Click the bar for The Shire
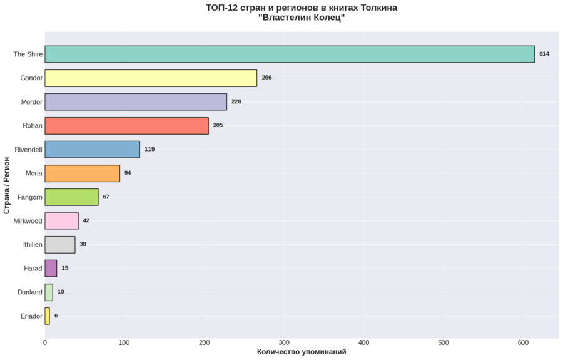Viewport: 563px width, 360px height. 289,54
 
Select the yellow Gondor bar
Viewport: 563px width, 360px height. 151,78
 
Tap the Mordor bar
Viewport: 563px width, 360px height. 136,101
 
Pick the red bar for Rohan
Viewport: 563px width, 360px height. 126,125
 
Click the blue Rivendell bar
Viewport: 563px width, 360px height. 92,149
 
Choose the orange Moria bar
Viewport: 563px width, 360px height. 82,173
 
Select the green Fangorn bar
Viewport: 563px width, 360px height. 71,197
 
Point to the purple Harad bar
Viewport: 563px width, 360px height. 51,268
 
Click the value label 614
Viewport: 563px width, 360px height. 544,54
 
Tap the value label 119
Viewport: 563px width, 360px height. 150,149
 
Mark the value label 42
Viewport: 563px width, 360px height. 86,220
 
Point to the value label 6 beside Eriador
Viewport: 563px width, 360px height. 56,316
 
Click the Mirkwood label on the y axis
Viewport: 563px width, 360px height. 28,220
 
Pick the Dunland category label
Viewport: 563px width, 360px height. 30,292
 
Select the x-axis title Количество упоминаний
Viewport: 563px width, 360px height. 302,352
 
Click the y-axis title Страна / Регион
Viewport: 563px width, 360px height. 7,185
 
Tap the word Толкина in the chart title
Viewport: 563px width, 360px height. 378,8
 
